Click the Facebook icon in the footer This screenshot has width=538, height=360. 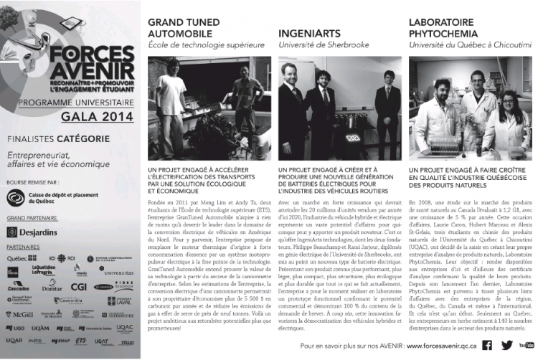point(487,345)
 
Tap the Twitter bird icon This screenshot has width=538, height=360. point(507,345)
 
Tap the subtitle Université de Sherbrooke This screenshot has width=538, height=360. point(323,46)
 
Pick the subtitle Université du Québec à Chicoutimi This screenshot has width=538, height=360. point(470,46)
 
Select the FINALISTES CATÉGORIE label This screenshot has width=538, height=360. point(58,138)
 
